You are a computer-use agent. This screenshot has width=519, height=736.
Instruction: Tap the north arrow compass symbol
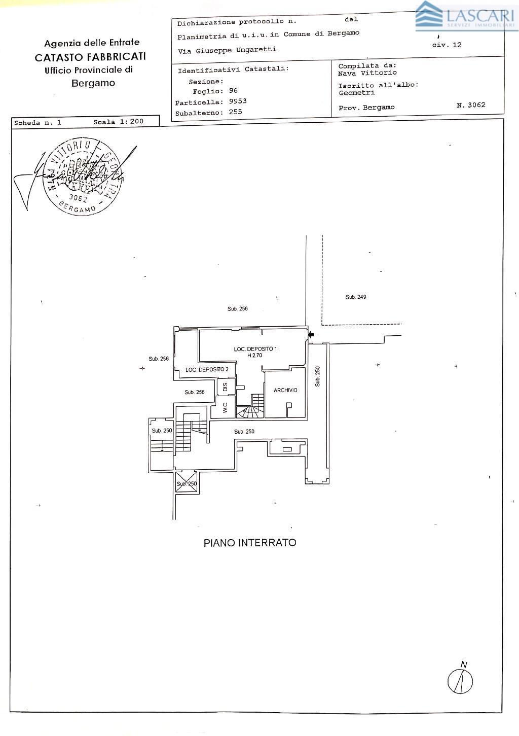click(x=460, y=680)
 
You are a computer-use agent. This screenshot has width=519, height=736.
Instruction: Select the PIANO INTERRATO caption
click(x=250, y=543)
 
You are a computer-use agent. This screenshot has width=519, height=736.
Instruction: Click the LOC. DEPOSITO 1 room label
click(x=255, y=349)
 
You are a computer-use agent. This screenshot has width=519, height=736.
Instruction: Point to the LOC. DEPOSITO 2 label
click(x=207, y=370)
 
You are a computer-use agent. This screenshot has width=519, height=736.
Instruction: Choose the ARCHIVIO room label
click(x=285, y=391)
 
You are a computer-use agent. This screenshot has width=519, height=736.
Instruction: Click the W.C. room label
click(x=225, y=407)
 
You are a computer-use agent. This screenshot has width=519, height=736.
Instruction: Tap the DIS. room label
click(x=225, y=387)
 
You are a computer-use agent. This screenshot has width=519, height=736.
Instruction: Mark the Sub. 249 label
click(x=356, y=297)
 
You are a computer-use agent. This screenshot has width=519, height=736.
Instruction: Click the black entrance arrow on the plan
click(x=311, y=334)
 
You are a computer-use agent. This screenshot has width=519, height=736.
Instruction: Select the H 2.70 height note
click(x=255, y=356)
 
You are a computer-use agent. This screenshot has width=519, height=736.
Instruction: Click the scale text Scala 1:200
click(x=118, y=122)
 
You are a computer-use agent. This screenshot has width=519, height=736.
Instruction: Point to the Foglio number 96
click(x=233, y=91)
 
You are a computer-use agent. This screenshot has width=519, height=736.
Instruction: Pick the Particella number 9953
click(x=238, y=101)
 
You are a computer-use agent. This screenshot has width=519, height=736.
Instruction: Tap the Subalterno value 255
click(x=235, y=112)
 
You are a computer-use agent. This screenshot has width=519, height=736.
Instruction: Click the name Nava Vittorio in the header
click(x=367, y=73)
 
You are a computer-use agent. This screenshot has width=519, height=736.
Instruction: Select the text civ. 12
click(x=447, y=45)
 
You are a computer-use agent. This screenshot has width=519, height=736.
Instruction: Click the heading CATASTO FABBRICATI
click(x=90, y=57)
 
